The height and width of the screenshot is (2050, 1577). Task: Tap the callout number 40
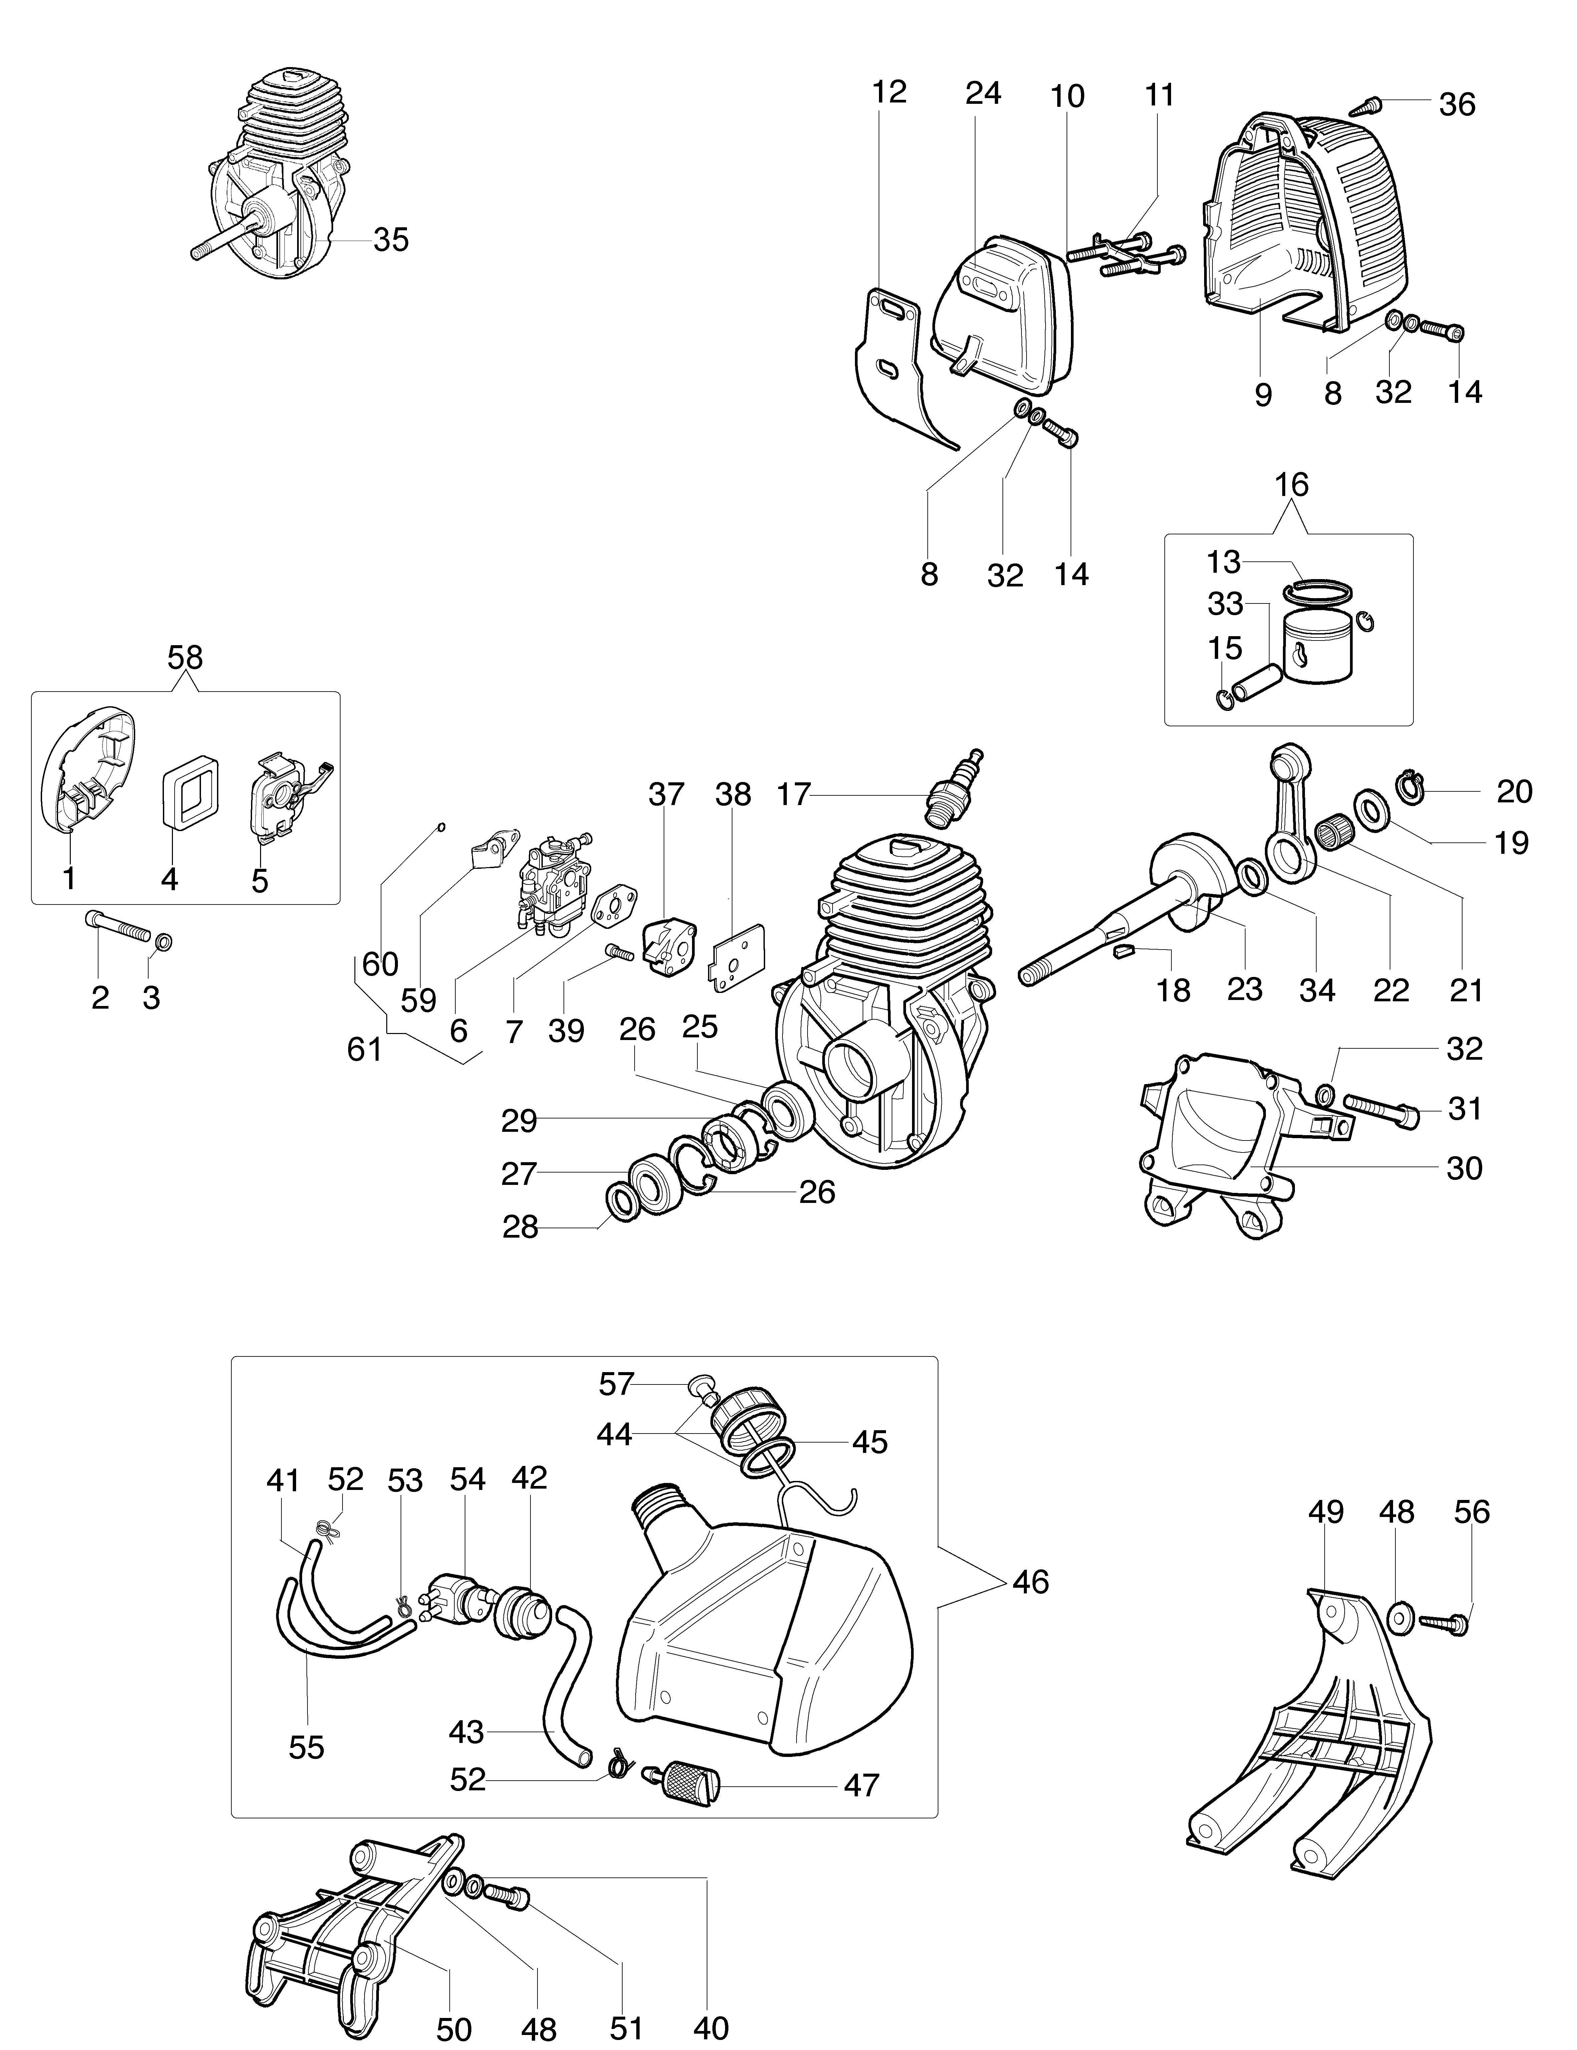pos(711,2027)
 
